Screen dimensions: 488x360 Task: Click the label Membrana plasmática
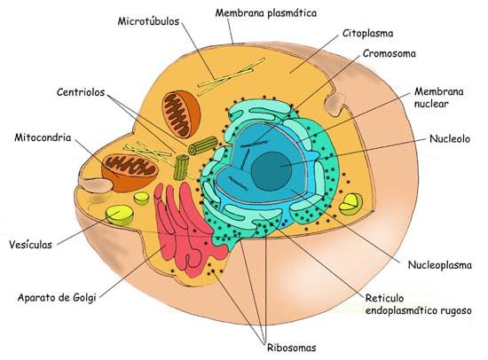pyautogui.click(x=266, y=13)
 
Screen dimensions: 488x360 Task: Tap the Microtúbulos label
pyautogui.click(x=148, y=21)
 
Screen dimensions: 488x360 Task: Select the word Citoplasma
pyautogui.click(x=368, y=34)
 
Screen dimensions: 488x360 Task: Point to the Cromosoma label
pyautogui.click(x=389, y=53)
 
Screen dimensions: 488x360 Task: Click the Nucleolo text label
pyautogui.click(x=450, y=139)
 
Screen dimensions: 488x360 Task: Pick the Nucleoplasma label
pyautogui.click(x=440, y=265)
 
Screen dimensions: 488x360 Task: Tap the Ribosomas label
pyautogui.click(x=292, y=348)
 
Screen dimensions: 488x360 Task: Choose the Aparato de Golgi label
pyautogui.click(x=57, y=298)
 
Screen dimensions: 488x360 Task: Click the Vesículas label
pyautogui.click(x=30, y=245)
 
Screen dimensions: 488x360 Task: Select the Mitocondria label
pyautogui.click(x=43, y=137)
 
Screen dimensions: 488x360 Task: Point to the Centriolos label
pyautogui.click(x=81, y=92)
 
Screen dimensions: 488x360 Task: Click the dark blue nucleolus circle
pyautogui.click(x=272, y=171)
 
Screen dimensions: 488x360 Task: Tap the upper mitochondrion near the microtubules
pyautogui.click(x=180, y=114)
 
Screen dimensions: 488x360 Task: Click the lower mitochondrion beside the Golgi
pyautogui.click(x=130, y=172)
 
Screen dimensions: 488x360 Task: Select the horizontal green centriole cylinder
pyautogui.click(x=202, y=145)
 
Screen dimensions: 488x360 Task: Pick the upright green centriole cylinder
pyautogui.click(x=181, y=168)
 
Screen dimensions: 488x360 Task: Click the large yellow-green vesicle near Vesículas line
pyautogui.click(x=120, y=215)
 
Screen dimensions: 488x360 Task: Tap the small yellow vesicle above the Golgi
pyautogui.click(x=142, y=199)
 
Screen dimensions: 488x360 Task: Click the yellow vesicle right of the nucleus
pyautogui.click(x=350, y=204)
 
